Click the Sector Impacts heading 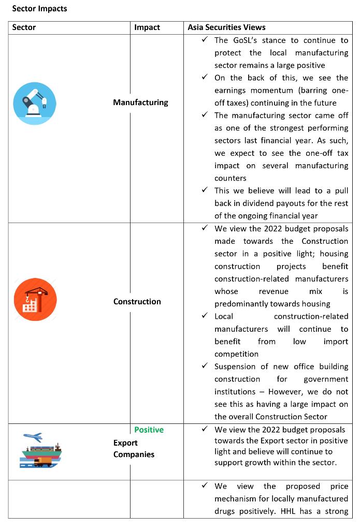click(39, 9)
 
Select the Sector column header click(24, 27)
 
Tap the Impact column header click(147, 27)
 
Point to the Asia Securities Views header click(226, 27)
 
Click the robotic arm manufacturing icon click(35, 103)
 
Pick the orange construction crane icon click(35, 300)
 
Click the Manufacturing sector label click(140, 102)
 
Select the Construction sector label click(137, 301)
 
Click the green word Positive click(149, 430)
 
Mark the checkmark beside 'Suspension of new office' click(205, 366)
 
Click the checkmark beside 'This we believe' click(205, 191)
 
